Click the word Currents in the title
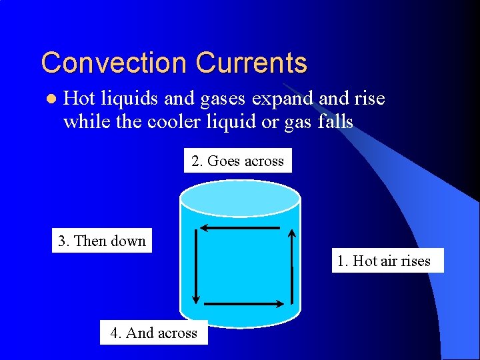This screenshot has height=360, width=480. coord(251,63)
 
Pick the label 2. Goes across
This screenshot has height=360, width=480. coord(237,161)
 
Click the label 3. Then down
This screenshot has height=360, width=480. coord(102,241)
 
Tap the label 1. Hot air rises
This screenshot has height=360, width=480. coord(383,261)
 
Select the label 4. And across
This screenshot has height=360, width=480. coord(153,333)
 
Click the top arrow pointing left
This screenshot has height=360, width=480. coord(240,228)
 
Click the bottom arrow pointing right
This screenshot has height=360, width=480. coord(243,303)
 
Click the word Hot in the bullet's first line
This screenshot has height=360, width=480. coord(79,99)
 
